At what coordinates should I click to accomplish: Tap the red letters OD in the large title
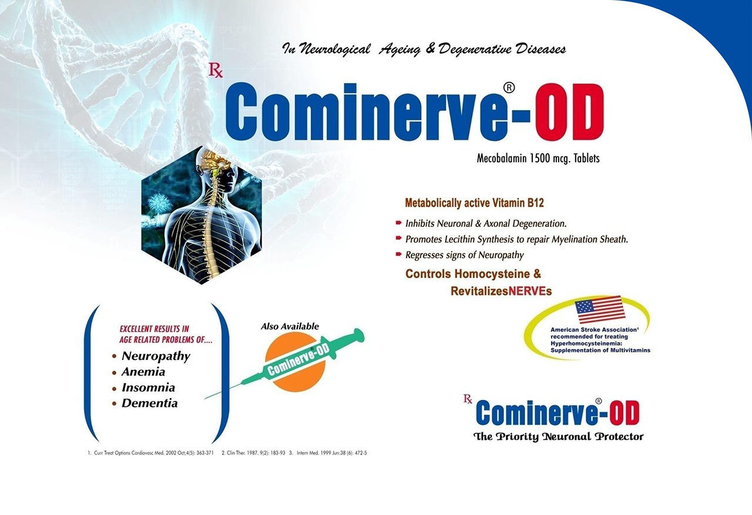(x=569, y=112)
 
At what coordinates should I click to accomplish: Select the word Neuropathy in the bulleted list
(x=156, y=356)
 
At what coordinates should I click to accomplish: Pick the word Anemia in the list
(x=143, y=372)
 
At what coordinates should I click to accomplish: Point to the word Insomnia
(x=148, y=387)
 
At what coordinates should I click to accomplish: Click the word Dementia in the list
(x=149, y=403)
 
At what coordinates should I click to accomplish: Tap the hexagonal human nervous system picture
(x=202, y=215)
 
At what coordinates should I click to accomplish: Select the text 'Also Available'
(x=290, y=326)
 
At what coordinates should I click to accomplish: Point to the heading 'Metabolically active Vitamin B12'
(x=474, y=203)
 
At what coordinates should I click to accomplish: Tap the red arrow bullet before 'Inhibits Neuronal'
(x=398, y=222)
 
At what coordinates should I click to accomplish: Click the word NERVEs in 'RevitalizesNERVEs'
(x=530, y=291)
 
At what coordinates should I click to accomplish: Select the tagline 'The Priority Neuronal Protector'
(x=558, y=437)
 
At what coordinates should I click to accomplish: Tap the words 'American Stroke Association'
(x=594, y=330)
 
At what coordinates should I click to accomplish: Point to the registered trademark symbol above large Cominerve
(x=509, y=88)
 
